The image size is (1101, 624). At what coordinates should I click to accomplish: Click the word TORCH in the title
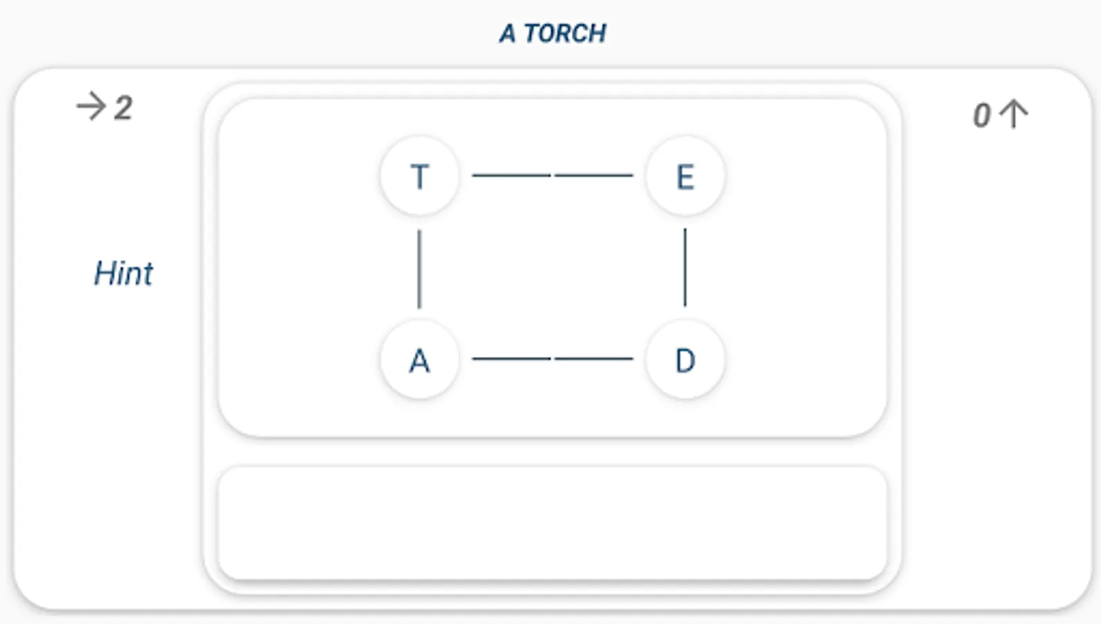tap(565, 33)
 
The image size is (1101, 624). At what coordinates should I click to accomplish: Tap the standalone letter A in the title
tap(507, 33)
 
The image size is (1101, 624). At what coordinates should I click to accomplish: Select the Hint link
tap(123, 273)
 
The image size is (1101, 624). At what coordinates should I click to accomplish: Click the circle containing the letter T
tap(419, 176)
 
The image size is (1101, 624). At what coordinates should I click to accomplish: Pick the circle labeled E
tap(685, 176)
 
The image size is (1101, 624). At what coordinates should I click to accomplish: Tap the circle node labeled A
tap(419, 360)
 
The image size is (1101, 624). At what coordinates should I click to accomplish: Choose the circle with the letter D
tap(685, 360)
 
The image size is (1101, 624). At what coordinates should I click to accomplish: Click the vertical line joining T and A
tap(419, 269)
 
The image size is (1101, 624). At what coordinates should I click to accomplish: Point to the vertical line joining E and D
tap(685, 268)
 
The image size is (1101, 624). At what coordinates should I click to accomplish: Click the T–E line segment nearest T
tap(511, 175)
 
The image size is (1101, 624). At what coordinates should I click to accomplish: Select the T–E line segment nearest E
tap(594, 175)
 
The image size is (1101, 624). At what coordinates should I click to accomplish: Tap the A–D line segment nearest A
tap(511, 358)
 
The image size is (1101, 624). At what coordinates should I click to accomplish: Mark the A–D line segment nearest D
tap(594, 358)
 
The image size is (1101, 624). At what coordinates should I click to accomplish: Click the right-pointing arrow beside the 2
tap(91, 107)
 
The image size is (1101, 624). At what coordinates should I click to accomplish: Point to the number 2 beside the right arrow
tap(123, 108)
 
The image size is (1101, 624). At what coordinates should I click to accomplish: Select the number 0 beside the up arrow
tap(981, 116)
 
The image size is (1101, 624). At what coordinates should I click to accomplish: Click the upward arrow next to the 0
tap(1014, 114)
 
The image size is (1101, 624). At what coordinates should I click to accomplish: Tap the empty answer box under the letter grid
tap(552, 523)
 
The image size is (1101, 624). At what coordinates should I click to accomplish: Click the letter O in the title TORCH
tap(545, 33)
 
